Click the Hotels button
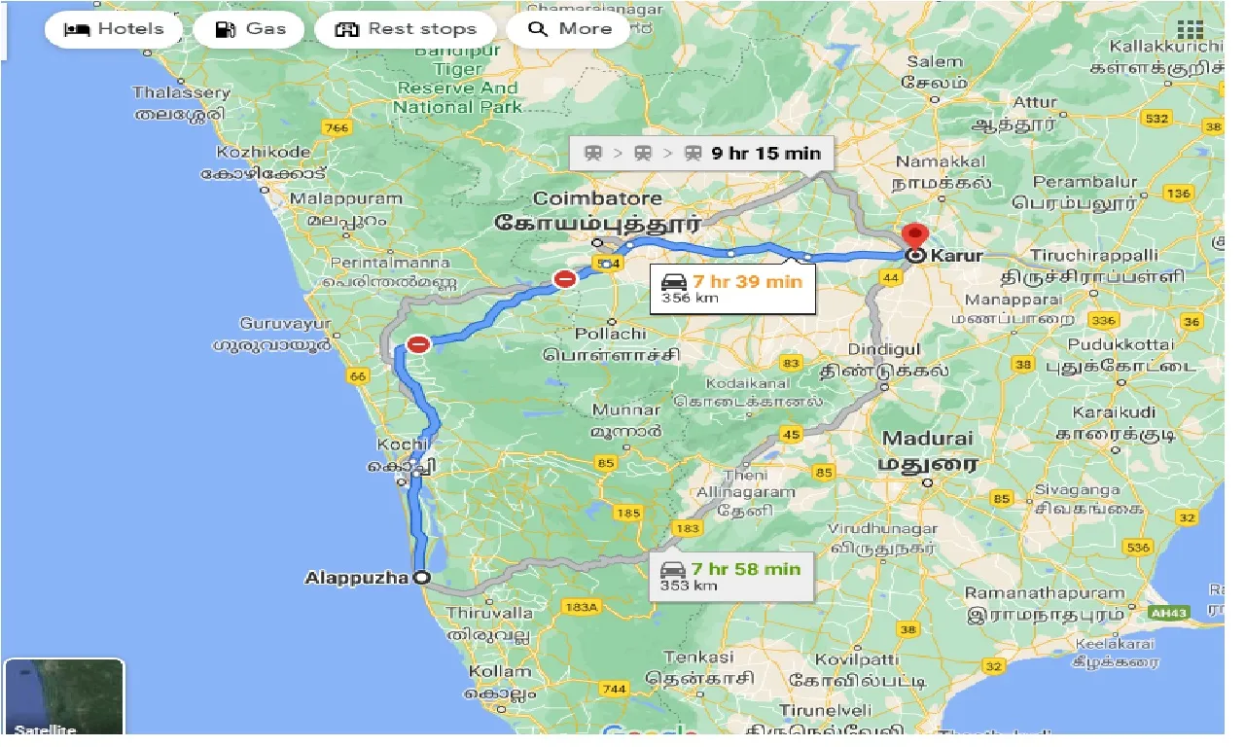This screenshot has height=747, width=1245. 113,29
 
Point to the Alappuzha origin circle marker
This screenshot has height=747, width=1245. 421,577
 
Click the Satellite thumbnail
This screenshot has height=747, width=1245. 64,698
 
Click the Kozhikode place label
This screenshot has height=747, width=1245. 264,152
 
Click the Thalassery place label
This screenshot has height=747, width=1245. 182,93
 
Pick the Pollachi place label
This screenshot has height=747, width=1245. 610,334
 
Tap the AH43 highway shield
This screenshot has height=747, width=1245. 1168,614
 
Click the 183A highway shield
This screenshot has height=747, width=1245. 582,607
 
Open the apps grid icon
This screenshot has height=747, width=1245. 1190,29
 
